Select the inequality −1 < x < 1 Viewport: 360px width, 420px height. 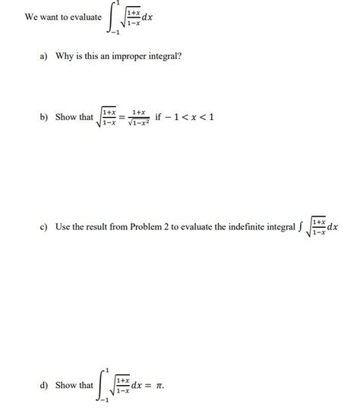196,118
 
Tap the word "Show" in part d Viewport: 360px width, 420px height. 65,385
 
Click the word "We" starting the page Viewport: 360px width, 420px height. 31,17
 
